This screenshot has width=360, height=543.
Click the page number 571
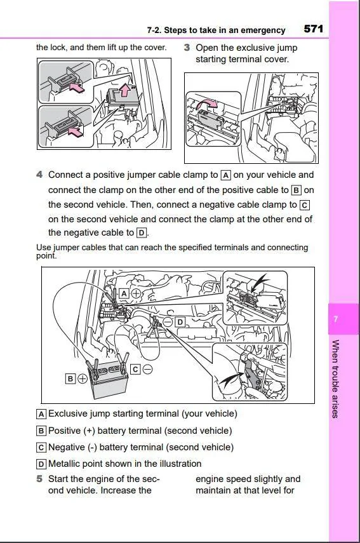314,29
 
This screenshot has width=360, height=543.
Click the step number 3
187,48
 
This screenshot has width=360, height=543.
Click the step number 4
39,175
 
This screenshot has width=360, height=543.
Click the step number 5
39,479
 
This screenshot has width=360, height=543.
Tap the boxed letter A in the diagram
124,293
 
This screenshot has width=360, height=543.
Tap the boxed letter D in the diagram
180,323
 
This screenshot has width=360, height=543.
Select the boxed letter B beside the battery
70,379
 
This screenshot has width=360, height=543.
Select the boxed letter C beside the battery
135,370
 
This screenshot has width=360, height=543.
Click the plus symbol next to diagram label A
137,293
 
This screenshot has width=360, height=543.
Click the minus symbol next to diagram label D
168,323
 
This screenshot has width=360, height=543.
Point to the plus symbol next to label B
83,379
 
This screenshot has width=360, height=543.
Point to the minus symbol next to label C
147,370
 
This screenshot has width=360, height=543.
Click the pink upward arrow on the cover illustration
124,90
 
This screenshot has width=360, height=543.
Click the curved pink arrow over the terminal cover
208,103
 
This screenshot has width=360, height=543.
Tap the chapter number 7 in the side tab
335,319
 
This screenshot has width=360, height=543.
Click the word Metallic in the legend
63,464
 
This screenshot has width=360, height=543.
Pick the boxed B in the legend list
41,431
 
